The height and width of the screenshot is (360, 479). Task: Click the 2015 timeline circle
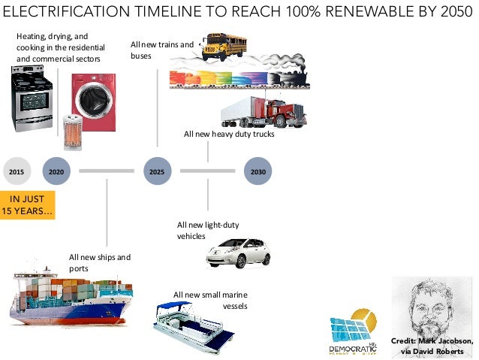[x=16, y=171]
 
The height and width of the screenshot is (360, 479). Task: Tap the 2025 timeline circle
[x=157, y=171]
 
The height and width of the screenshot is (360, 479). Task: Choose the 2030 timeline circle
[x=258, y=171]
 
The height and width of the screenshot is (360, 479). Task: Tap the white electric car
[x=238, y=253]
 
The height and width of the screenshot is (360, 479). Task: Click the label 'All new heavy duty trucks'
[x=229, y=135]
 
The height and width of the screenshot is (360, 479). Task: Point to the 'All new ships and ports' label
[x=99, y=262]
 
